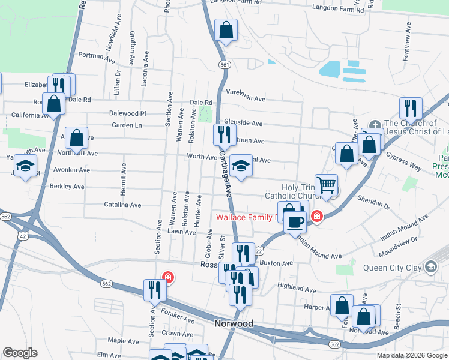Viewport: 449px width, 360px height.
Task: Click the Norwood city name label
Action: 234,323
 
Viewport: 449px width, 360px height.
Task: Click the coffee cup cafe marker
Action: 294,221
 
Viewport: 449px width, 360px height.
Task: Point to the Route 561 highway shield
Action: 224,65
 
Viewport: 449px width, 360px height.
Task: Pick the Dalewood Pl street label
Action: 127,113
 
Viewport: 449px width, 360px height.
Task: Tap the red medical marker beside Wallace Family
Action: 316,217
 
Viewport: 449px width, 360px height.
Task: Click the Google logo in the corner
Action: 20,353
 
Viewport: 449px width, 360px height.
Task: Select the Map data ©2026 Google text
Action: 411,355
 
